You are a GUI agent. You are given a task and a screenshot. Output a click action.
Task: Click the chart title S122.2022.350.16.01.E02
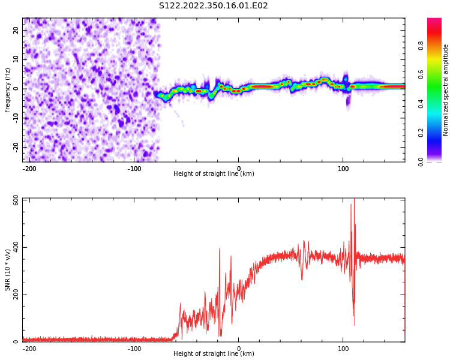(x=213, y=6)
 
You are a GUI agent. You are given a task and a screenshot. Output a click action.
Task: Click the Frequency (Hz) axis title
(x=8, y=90)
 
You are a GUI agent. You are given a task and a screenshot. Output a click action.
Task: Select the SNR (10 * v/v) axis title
(x=8, y=270)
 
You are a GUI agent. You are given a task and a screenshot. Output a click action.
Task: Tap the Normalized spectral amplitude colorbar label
(x=446, y=90)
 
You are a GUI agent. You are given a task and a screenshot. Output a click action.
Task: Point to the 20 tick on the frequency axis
(x=16, y=30)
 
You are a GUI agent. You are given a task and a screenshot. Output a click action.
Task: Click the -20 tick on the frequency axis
(x=15, y=147)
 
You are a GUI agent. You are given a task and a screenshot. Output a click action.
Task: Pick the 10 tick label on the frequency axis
(x=16, y=59)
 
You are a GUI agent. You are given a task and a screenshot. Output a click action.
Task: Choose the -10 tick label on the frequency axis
(x=15, y=118)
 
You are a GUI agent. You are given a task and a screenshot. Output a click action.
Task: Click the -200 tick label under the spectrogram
(x=29, y=168)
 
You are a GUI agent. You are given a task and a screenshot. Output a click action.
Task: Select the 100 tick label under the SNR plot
(x=343, y=348)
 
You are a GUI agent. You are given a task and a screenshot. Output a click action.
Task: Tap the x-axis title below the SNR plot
(x=214, y=354)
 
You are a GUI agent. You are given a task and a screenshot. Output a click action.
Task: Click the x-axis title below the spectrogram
(x=214, y=174)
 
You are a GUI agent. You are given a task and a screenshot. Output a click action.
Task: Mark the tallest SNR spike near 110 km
(x=354, y=200)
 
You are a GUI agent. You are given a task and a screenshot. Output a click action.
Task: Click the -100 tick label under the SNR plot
(x=134, y=348)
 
